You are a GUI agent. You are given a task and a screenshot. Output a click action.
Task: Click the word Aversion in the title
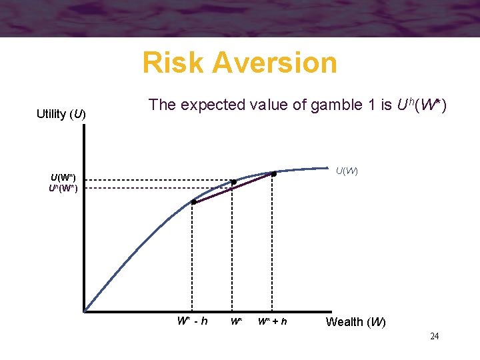[x=275, y=63]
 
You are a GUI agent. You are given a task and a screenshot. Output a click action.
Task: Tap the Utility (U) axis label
[x=61, y=114]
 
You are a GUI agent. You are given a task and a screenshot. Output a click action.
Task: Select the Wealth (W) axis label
[x=355, y=322]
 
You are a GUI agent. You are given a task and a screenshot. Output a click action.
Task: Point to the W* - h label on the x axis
[x=192, y=321]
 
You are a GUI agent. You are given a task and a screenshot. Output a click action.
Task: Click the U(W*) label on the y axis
[x=63, y=177]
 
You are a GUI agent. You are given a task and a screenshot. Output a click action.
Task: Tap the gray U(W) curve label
[x=347, y=171]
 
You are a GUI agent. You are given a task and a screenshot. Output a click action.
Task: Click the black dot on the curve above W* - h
[x=193, y=202]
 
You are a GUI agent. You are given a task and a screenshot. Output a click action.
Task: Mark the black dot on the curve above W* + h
[x=274, y=174]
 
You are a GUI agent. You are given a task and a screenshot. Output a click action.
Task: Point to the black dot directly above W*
[x=233, y=182]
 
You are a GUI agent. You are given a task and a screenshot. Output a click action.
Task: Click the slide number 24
[x=434, y=337]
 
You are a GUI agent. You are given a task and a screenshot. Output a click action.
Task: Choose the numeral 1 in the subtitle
[x=360, y=105]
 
